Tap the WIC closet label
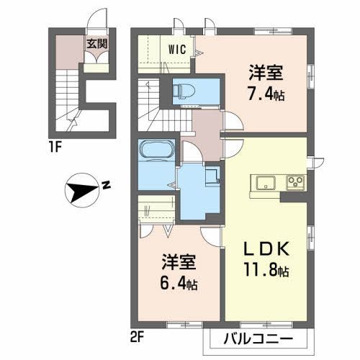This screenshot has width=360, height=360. coord(179,50)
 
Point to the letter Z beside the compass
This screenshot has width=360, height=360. coord(105,185)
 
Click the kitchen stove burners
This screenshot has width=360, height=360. coord(295,181)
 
